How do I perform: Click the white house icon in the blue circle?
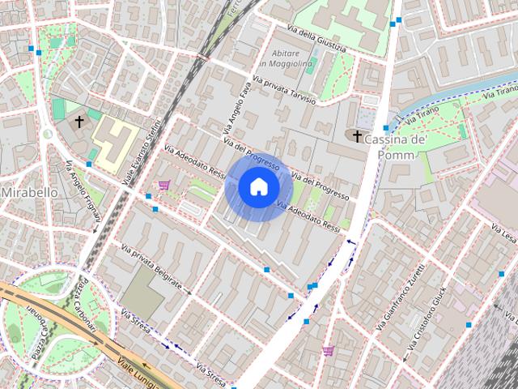tap(257, 187)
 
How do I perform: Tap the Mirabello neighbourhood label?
tap(29, 193)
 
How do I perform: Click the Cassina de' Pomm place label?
tap(396, 147)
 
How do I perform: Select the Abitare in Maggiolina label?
tap(286, 58)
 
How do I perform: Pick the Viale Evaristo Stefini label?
tap(142, 148)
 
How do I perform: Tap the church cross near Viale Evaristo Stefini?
tap(79, 122)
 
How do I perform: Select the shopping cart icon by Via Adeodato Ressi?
tap(163, 185)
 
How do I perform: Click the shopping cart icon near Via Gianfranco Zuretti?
tap(328, 350)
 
